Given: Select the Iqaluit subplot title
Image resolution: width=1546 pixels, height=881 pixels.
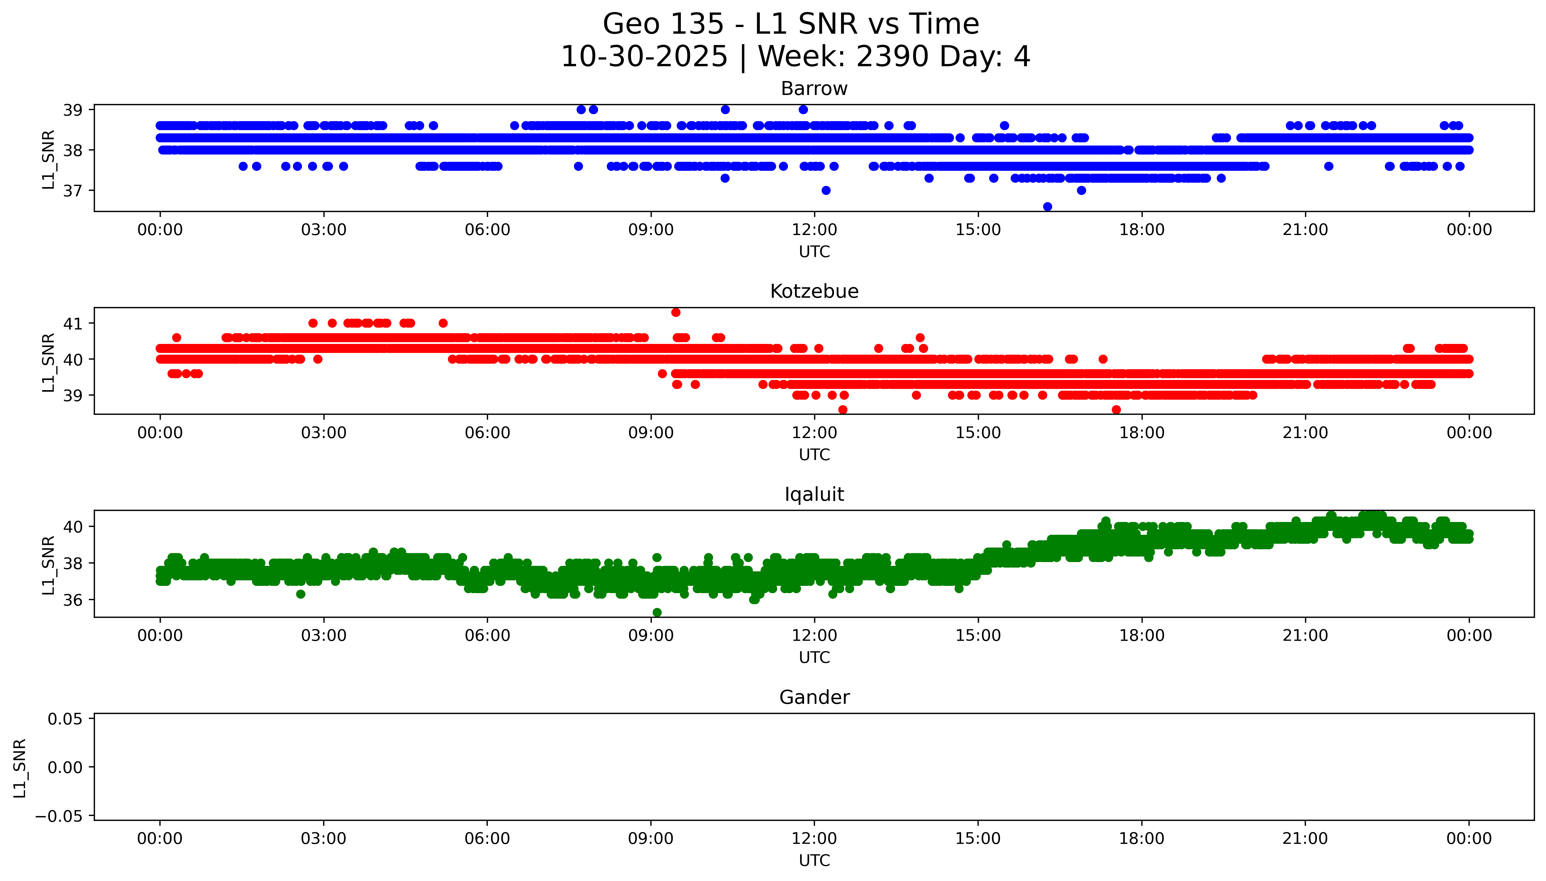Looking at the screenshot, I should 814,494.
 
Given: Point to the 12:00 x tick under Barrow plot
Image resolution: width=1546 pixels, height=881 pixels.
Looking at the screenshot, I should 814,230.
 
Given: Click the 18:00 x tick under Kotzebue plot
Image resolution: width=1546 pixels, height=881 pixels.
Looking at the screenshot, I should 1142,433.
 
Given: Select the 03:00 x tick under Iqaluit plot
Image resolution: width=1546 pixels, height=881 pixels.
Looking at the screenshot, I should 323,635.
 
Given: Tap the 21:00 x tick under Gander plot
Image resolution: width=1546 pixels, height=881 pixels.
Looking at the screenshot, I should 1305,839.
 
